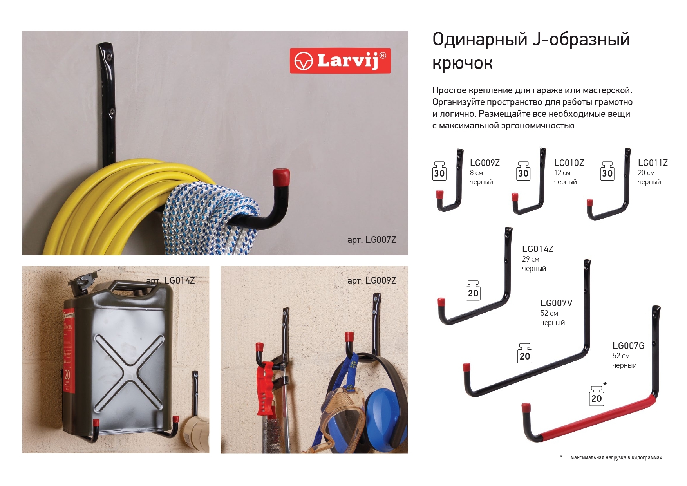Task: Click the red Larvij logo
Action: click(340, 61)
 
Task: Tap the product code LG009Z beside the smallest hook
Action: click(485, 163)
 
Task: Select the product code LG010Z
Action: click(569, 163)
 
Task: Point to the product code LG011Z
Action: click(653, 163)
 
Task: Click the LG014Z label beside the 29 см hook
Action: click(537, 249)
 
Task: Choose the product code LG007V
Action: click(556, 303)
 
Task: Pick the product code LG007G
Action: click(628, 346)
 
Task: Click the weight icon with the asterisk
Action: click(597, 396)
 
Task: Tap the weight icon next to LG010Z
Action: click(523, 171)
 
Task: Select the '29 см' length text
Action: click(530, 259)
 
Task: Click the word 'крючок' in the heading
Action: click(462, 63)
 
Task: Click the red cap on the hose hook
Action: click(281, 177)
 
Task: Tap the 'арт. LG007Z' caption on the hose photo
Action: click(371, 240)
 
